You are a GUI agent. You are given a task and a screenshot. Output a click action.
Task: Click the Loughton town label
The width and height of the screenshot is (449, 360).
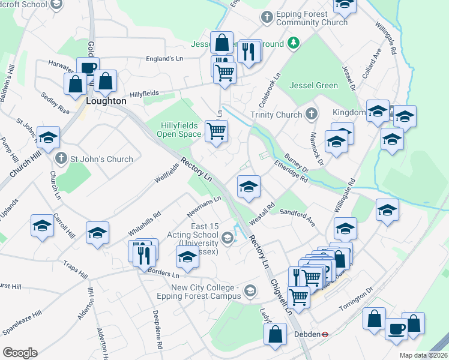(x=106, y=101)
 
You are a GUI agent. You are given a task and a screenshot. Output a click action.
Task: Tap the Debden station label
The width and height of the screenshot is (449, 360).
(x=306, y=334)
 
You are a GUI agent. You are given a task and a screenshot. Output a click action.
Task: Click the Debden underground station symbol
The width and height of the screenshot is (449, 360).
(x=324, y=334)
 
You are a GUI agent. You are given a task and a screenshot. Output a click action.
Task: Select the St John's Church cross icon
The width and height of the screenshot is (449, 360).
(x=61, y=159)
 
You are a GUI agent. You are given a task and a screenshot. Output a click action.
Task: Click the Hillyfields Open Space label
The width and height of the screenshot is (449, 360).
(x=179, y=130)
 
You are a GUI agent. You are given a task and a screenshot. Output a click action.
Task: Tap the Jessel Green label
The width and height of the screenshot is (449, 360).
(x=313, y=85)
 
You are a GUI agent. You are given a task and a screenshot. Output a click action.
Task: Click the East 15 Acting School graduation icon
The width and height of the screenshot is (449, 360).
(x=227, y=238)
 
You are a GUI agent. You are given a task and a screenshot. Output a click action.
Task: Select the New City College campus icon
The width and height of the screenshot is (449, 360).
(x=250, y=292)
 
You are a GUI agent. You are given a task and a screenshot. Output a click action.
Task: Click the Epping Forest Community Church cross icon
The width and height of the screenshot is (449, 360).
(x=266, y=17)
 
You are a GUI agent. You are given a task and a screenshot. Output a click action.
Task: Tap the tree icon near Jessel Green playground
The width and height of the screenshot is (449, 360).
(x=293, y=42)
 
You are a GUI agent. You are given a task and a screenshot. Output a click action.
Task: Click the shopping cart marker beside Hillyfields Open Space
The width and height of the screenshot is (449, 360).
(x=216, y=130)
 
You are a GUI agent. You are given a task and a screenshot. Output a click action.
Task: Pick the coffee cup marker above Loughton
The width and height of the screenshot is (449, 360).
(x=88, y=67)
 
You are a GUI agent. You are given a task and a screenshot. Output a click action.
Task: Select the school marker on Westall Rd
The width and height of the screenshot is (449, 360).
(x=248, y=186)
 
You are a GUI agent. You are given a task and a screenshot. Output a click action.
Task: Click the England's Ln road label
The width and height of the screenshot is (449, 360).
(x=164, y=59)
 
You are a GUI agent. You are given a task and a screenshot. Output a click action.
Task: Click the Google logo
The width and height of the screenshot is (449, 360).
(x=19, y=353)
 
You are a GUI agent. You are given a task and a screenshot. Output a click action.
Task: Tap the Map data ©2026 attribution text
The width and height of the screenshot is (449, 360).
(x=423, y=355)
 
